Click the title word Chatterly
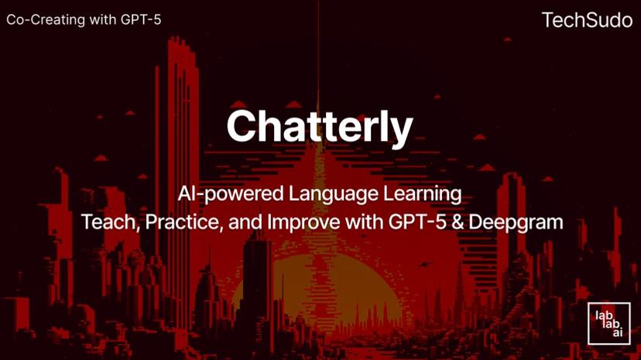(320, 126)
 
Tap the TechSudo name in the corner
(587, 19)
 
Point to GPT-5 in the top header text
(141, 19)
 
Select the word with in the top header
(100, 19)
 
